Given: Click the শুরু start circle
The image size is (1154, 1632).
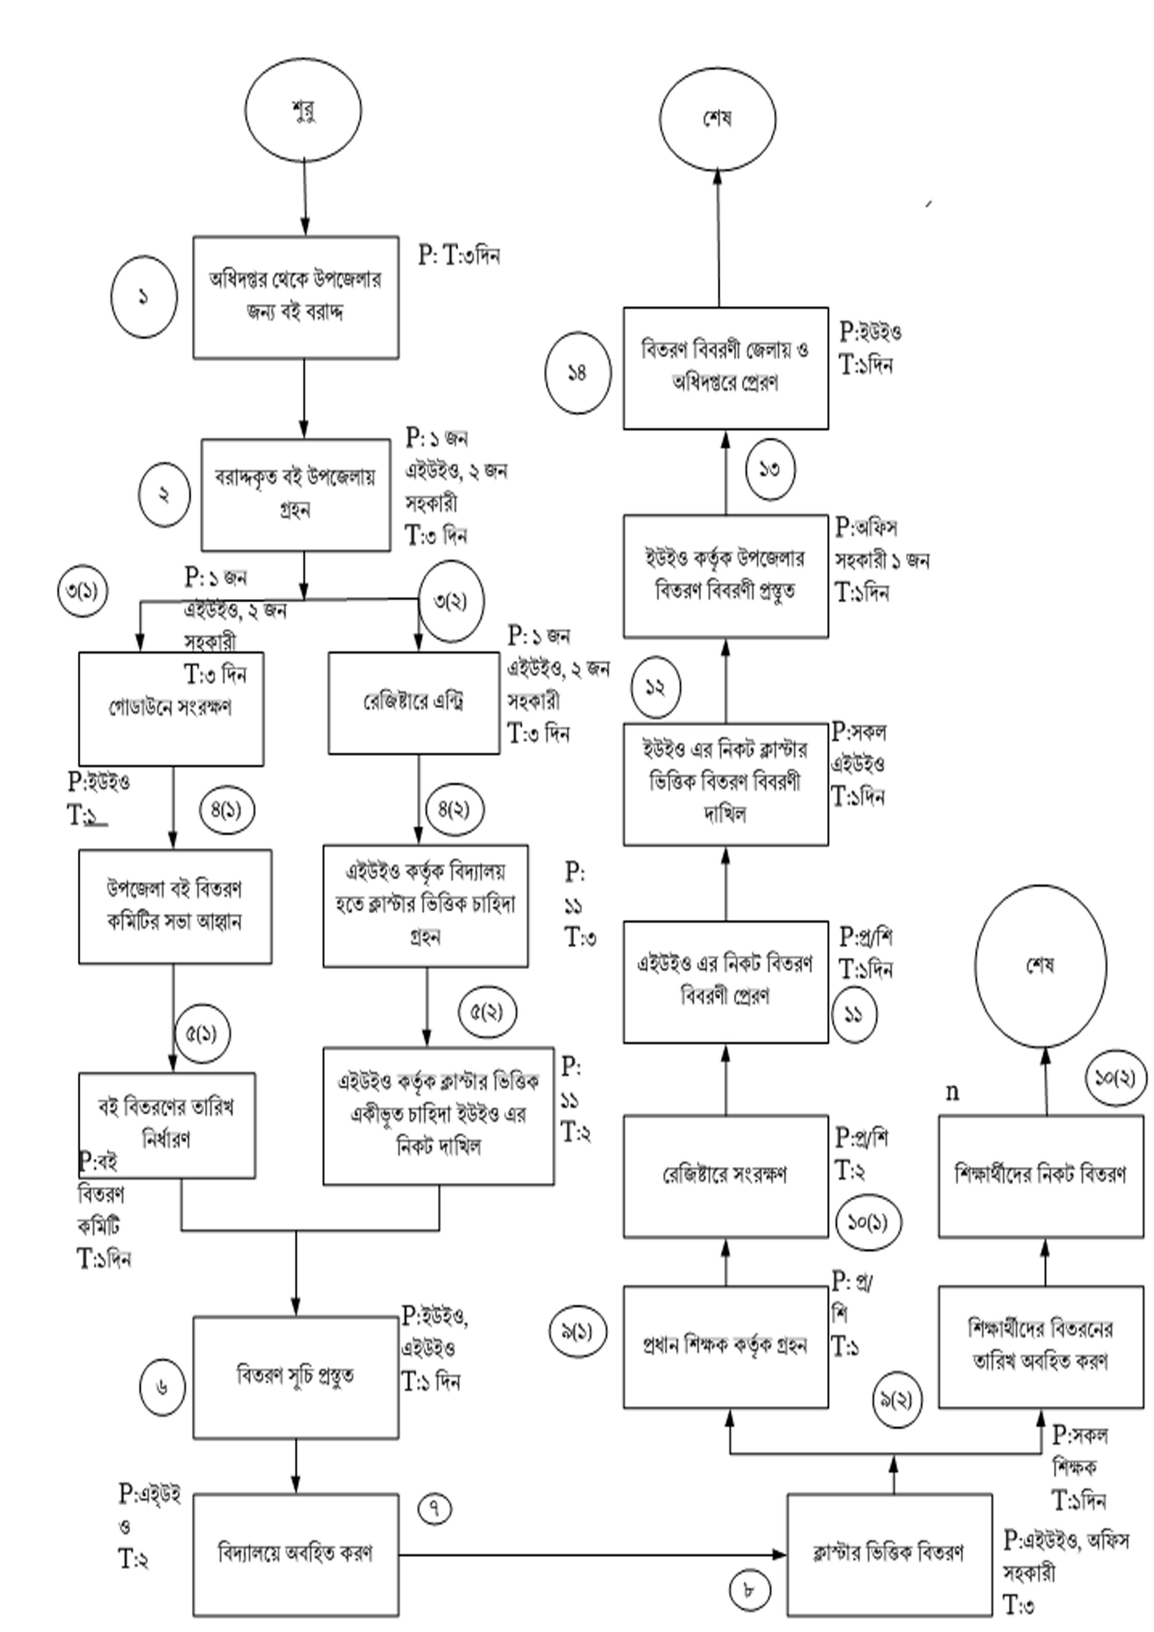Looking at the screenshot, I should [x=303, y=110].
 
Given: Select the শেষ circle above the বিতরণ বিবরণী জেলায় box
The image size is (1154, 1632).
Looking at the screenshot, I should [x=718, y=119].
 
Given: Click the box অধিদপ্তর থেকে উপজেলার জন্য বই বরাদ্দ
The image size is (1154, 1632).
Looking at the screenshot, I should [x=296, y=297].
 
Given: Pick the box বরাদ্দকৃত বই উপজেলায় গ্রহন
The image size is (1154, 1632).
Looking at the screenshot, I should [x=296, y=495].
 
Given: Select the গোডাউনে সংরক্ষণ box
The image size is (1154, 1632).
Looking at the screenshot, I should [x=171, y=708].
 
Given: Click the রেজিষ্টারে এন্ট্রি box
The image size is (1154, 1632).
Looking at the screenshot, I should [x=414, y=702].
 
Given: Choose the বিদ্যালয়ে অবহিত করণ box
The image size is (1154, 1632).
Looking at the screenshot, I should [x=296, y=1554].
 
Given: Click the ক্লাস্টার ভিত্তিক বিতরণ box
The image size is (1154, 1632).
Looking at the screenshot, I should [x=889, y=1554].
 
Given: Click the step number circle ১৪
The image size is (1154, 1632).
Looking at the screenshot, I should [x=577, y=373].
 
